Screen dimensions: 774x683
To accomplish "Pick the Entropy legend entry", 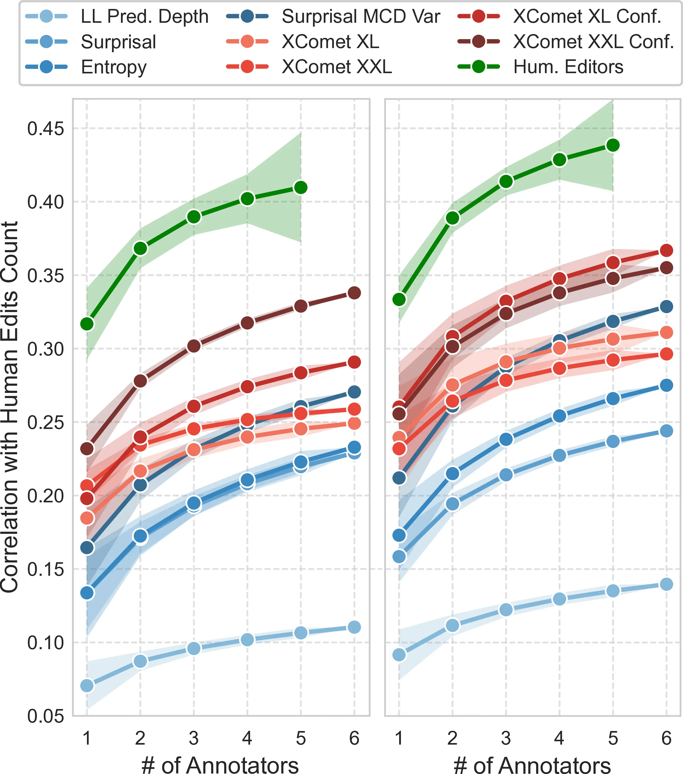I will (114, 67).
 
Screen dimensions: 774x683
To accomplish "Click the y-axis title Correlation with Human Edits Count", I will (10, 407).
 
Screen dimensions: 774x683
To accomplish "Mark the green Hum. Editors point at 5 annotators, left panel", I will (301, 187).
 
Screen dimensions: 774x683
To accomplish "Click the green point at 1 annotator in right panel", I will (399, 300).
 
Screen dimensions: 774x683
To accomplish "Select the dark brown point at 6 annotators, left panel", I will (354, 293).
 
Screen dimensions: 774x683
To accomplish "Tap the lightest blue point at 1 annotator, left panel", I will (87, 685).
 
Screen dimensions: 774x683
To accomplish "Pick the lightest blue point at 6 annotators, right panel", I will (666, 584).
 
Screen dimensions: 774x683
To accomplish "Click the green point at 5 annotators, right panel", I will (613, 145).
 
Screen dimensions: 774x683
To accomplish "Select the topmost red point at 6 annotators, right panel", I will (666, 250).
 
